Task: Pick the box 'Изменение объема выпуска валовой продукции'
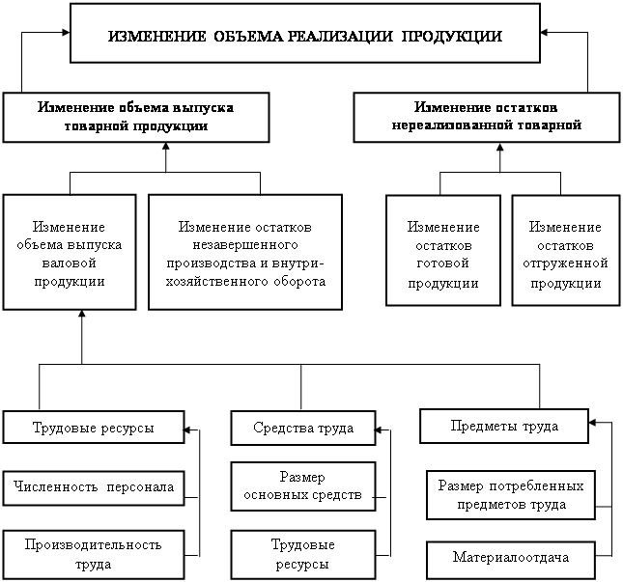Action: click(x=69, y=252)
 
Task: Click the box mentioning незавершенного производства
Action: click(x=244, y=252)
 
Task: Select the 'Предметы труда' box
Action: click(x=504, y=425)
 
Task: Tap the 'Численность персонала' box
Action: click(x=94, y=487)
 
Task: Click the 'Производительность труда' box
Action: click(x=93, y=554)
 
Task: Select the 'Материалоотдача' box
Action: click(x=510, y=557)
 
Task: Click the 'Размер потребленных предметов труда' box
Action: click(x=512, y=494)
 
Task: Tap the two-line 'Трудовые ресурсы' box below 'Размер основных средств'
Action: click(x=302, y=554)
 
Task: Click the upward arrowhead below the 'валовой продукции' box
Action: click(x=82, y=318)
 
